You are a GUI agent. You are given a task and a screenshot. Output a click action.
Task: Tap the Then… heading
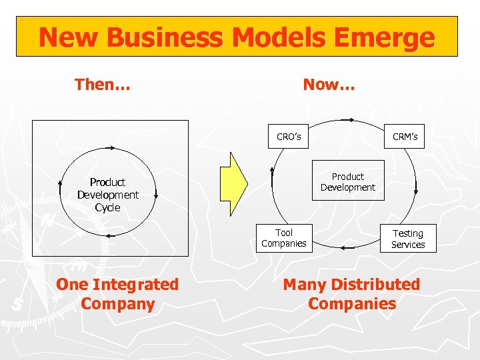pos(103,85)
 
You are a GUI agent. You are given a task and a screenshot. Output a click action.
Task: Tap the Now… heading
pos(329,85)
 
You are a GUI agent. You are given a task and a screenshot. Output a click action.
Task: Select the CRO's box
pos(289,137)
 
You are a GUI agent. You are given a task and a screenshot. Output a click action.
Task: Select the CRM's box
pos(405,137)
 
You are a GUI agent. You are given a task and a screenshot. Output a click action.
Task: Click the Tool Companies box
pos(284,238)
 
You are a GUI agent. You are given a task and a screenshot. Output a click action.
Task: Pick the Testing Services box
pos(408,239)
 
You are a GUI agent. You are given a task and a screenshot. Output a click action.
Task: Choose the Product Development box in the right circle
pos(348,181)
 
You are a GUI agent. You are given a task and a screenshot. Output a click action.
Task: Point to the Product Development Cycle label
pos(107,195)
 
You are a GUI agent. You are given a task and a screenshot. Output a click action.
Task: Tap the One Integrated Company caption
pos(118,294)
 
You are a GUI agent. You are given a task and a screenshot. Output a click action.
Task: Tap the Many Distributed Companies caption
pos(351,294)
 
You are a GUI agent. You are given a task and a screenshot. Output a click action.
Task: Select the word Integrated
pos(136,285)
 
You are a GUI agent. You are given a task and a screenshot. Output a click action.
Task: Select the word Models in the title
pos(273,37)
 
